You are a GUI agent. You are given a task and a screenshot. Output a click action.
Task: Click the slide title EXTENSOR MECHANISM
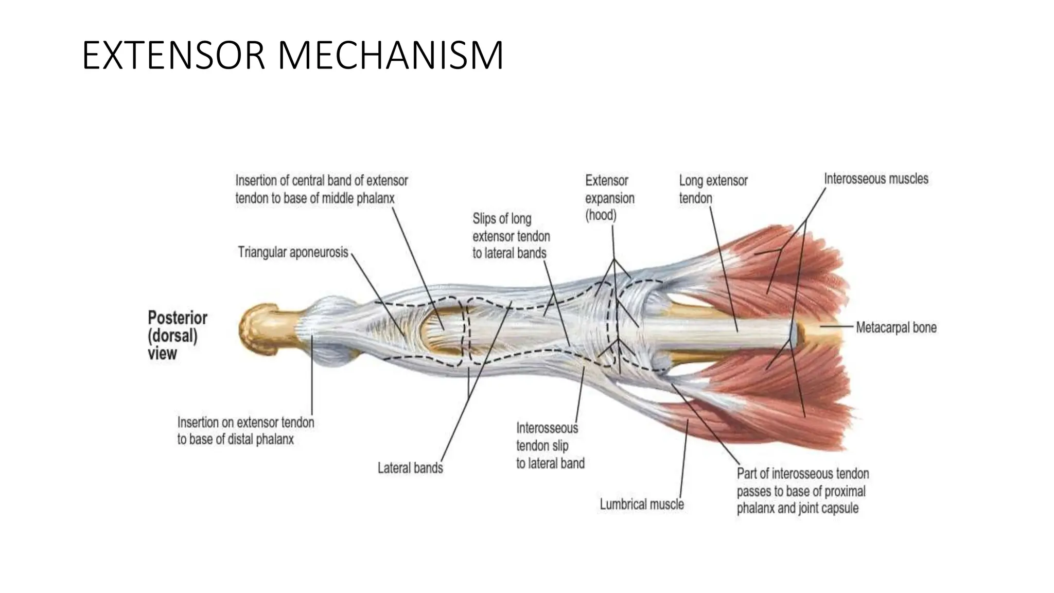click(292, 56)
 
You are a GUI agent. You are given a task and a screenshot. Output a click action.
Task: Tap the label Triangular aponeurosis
click(293, 253)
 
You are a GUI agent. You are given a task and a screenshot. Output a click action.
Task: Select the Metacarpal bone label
click(896, 327)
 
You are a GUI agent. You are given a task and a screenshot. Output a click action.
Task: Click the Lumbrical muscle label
click(642, 504)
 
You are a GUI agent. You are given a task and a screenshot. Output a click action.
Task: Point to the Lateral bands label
click(410, 468)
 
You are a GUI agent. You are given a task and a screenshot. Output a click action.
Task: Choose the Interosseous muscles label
click(876, 179)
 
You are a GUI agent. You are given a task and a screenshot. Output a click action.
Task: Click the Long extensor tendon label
click(713, 189)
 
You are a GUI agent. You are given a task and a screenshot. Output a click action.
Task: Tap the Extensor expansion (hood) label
click(609, 198)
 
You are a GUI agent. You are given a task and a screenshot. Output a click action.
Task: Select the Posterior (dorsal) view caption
click(177, 335)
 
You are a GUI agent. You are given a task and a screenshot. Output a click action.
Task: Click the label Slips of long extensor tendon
click(511, 236)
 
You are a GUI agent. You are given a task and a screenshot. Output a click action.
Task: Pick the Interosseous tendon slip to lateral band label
click(550, 446)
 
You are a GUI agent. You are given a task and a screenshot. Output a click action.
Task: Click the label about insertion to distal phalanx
click(245, 431)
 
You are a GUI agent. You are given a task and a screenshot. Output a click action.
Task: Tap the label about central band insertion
click(321, 189)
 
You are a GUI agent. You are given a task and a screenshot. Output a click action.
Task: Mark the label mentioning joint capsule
click(802, 491)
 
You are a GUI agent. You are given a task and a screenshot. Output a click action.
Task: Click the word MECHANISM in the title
click(391, 56)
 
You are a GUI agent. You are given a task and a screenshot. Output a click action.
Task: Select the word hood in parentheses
click(601, 215)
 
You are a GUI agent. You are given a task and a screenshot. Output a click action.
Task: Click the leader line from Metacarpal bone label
click(836, 326)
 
